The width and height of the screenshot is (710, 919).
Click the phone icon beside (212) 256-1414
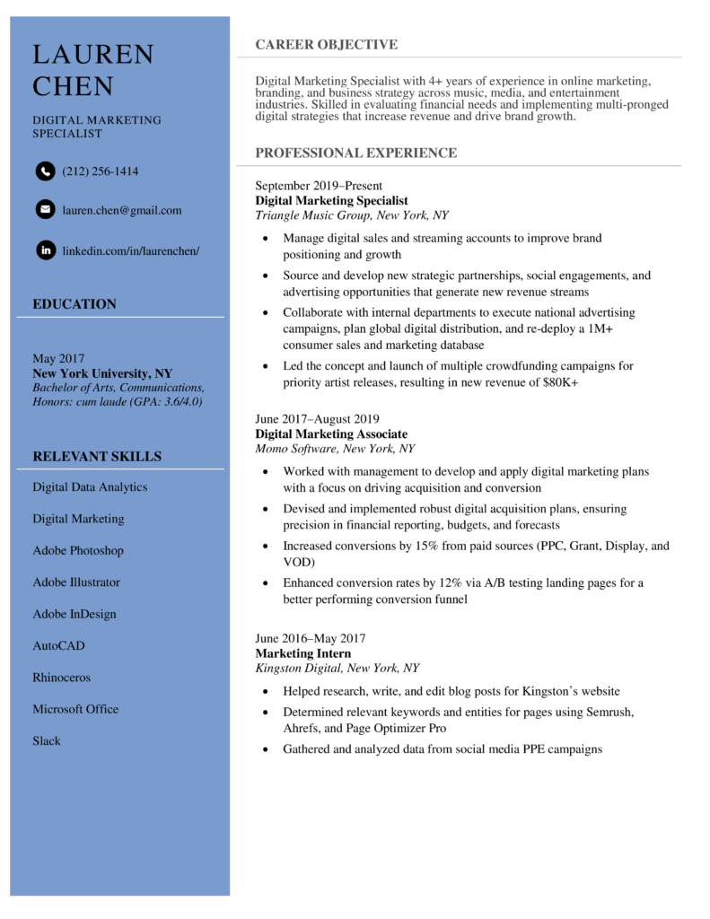45,171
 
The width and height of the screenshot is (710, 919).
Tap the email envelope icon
45,210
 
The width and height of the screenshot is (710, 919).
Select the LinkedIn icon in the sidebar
45,250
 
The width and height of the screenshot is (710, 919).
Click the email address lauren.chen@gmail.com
121,210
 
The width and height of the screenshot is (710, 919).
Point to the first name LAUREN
93,55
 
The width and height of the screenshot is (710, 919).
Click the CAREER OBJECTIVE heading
326,45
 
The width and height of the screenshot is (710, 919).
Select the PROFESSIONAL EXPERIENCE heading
355,153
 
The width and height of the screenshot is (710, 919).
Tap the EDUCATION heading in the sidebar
75,304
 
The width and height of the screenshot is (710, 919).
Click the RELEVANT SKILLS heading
97,456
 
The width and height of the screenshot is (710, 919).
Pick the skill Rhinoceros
61,678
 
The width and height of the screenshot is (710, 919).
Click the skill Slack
47,740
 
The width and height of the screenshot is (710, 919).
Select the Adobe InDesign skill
74,614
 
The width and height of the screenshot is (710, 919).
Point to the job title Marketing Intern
302,653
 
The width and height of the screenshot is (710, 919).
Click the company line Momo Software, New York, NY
335,449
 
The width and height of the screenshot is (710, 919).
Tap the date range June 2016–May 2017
310,638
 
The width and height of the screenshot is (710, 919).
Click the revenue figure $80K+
559,382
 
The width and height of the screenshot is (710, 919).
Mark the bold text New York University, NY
102,373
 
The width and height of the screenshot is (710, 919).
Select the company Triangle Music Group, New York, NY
351,215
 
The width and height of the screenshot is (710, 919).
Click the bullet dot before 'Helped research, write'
265,692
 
